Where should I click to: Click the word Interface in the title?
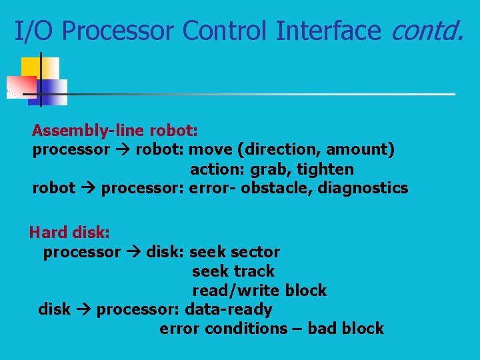click(x=333, y=30)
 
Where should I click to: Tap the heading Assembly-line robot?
click(x=115, y=129)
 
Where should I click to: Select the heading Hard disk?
click(x=69, y=233)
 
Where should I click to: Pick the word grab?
click(x=271, y=169)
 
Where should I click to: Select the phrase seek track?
click(x=233, y=271)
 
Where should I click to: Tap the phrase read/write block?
click(x=259, y=291)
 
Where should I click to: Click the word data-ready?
click(x=229, y=309)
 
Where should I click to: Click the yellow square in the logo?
click(x=31, y=67)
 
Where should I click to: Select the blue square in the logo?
click(x=53, y=91)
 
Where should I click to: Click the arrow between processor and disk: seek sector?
click(x=133, y=253)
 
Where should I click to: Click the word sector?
click(x=258, y=252)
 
